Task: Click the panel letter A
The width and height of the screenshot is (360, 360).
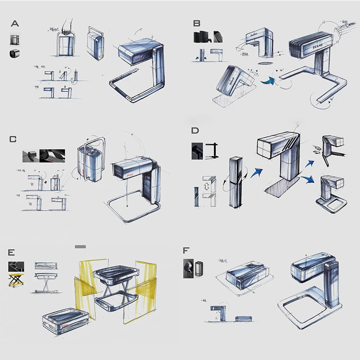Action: tap(16, 23)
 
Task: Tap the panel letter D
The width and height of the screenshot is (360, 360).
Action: tap(196, 131)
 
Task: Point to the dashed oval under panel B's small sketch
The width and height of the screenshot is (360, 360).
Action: tap(266, 62)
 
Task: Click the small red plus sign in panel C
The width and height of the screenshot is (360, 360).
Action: tap(46, 180)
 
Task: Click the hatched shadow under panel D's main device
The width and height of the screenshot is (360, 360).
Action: tap(277, 188)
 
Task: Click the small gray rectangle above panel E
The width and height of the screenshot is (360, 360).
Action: tap(80, 246)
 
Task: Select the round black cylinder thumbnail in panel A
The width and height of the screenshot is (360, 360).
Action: tap(14, 54)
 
